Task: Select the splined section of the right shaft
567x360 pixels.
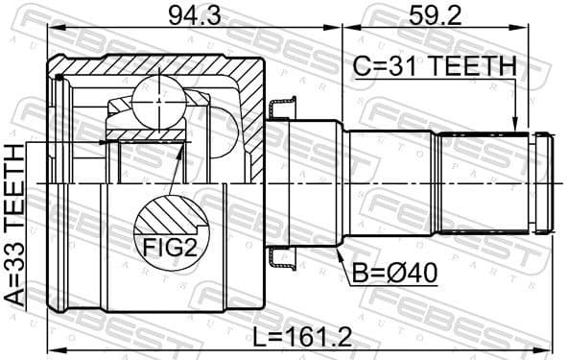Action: pos(484,181)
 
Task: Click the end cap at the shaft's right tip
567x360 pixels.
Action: pos(544,181)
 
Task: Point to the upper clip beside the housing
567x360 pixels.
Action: pos(282,108)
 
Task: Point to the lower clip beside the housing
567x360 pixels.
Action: pos(282,256)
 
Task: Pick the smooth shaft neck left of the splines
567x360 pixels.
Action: pos(390,181)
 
